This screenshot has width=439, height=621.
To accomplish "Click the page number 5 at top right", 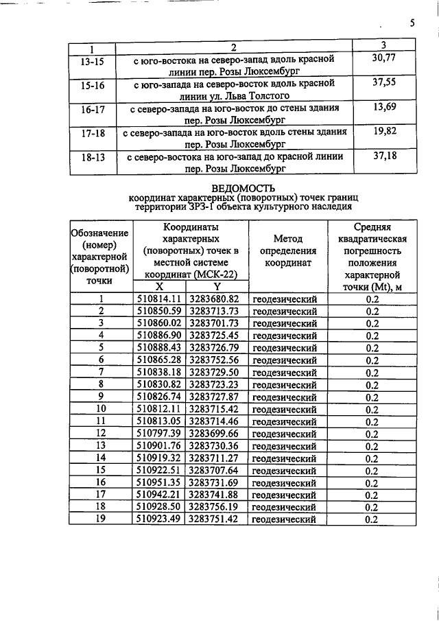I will tap(412, 23).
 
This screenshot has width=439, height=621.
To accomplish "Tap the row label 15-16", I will tap(92, 89).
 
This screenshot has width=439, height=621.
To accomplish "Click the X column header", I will tap(159, 287).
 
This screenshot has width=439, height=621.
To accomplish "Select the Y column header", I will tap(216, 287).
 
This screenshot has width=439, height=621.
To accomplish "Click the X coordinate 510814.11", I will tap(159, 299).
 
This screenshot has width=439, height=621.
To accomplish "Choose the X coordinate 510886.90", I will tap(159, 335).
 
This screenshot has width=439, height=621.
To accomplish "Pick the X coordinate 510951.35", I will tap(159, 483).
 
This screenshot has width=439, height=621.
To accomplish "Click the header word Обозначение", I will tap(100, 233).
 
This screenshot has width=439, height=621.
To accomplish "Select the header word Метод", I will tap(288, 239).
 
